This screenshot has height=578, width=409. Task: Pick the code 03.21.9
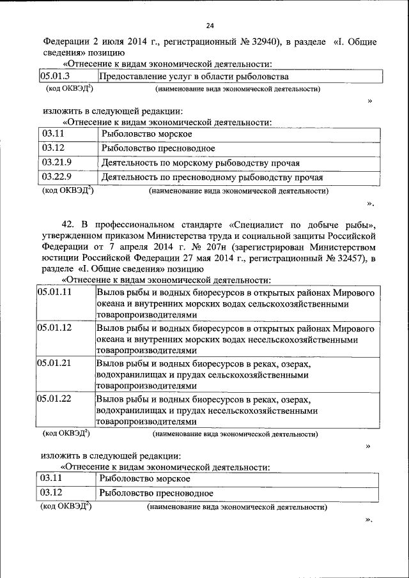[x=57, y=162]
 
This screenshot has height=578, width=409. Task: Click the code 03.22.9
[x=57, y=177]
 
